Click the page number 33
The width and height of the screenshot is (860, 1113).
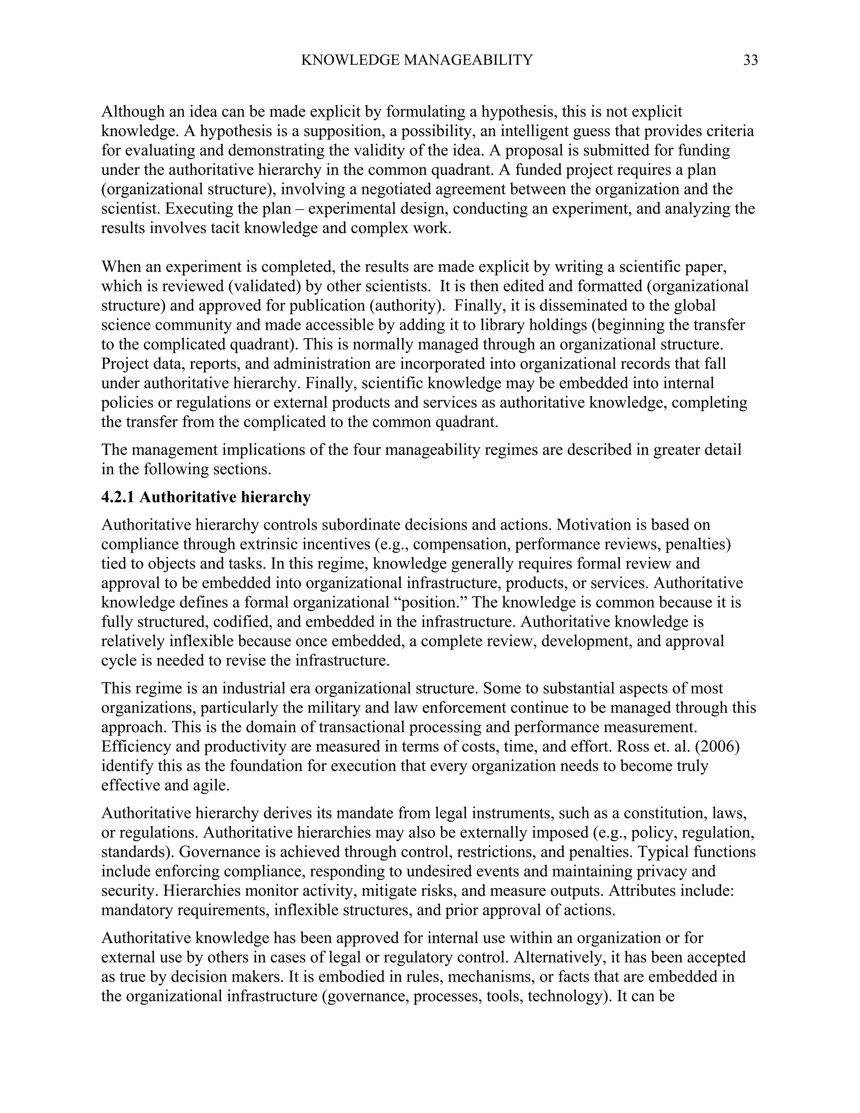tap(750, 60)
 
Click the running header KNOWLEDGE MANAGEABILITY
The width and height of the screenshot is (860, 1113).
tap(416, 60)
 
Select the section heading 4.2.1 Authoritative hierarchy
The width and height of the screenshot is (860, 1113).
tap(206, 497)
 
